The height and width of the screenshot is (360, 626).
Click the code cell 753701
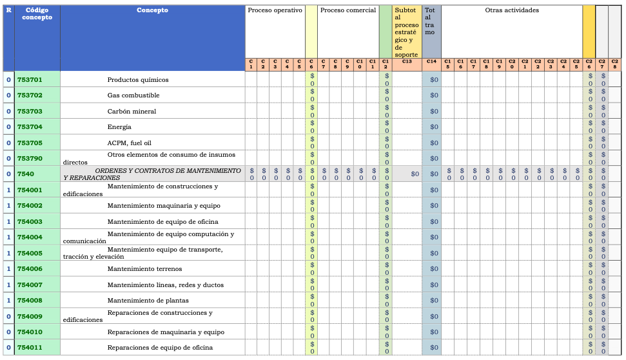[30, 80]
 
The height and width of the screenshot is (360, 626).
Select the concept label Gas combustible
[133, 95]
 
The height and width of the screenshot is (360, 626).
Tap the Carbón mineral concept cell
[132, 112]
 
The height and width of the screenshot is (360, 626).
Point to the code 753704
[30, 127]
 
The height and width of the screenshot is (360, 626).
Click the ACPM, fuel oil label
[129, 143]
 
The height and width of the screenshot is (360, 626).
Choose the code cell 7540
[26, 174]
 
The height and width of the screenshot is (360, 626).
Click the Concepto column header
[152, 10]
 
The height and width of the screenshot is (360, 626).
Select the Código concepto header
[37, 14]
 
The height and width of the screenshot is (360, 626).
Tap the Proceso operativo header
[275, 10]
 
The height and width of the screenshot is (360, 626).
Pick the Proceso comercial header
[347, 10]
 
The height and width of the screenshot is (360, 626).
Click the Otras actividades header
[512, 10]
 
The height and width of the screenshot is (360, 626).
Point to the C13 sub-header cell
[407, 62]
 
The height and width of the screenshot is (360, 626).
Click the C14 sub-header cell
[431, 62]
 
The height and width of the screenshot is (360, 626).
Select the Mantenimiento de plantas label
[145, 301]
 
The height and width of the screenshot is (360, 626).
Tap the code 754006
[30, 269]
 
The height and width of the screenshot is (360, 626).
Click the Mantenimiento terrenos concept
[144, 269]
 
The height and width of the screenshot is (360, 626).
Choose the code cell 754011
[30, 348]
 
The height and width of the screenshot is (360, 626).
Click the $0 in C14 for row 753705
[434, 143]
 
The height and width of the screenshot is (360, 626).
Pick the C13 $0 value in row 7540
[415, 174]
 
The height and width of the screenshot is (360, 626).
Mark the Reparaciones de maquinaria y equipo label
[166, 332]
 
